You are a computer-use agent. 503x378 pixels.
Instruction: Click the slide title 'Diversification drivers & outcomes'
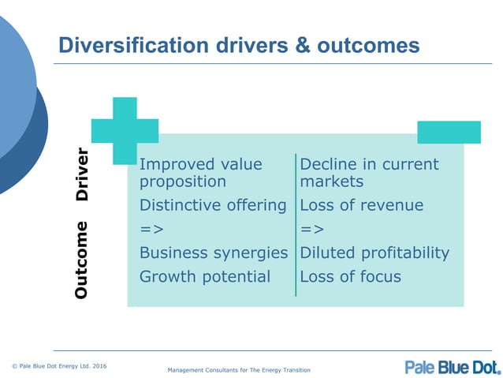pos(239,46)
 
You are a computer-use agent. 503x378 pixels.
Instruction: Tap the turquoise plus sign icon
pos(125,130)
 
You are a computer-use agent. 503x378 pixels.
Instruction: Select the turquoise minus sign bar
pos(449,132)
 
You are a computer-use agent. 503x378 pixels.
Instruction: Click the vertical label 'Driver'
pos(82,174)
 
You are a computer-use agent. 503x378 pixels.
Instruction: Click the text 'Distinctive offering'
pos(212,205)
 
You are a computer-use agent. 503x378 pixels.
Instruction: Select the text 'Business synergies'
pos(213,253)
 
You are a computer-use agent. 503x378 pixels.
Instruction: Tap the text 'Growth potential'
pos(204,276)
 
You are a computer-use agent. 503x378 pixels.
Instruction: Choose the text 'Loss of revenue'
pos(361,205)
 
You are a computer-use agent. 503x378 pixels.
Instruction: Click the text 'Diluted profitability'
pos(374,253)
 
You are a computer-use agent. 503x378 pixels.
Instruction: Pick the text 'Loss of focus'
pos(350,276)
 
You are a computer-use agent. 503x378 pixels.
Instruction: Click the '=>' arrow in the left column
pos(151,230)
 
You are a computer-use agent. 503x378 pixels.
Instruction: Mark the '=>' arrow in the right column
pos(311,230)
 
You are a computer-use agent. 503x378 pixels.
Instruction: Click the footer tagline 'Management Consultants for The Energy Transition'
pos(239,370)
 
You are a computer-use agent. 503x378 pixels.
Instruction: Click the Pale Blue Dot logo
pos(453,366)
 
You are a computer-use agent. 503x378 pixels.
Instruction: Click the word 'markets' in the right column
pos(331,182)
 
